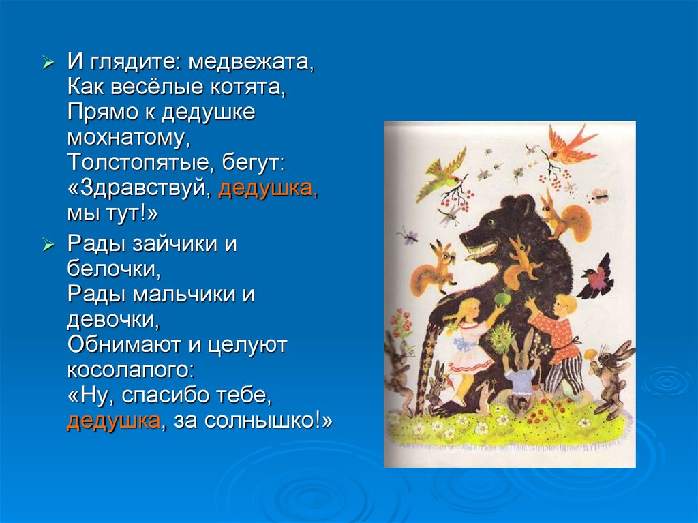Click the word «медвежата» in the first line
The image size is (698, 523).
tap(251, 65)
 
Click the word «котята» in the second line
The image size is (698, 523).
tap(245, 89)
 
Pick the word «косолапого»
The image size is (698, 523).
tap(130, 370)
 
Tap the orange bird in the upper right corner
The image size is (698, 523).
tap(567, 145)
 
